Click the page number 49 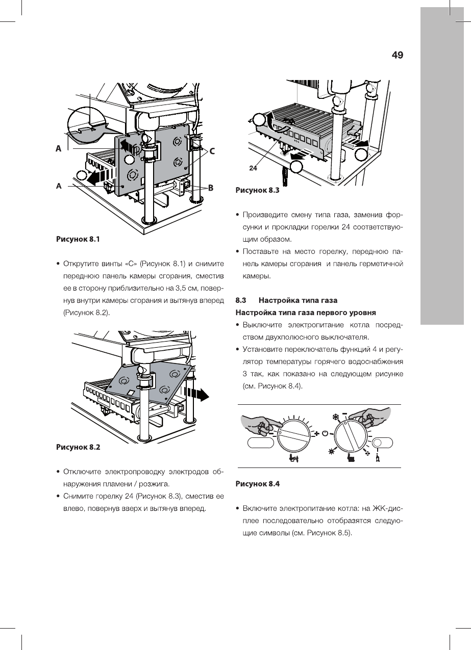[x=398, y=55]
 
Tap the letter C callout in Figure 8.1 [x=212, y=151]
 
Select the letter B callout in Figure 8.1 [x=209, y=188]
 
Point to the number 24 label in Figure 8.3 [x=254, y=167]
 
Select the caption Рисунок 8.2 [x=78, y=447]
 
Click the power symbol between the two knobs [x=325, y=433]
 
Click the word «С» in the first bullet [x=131, y=264]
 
